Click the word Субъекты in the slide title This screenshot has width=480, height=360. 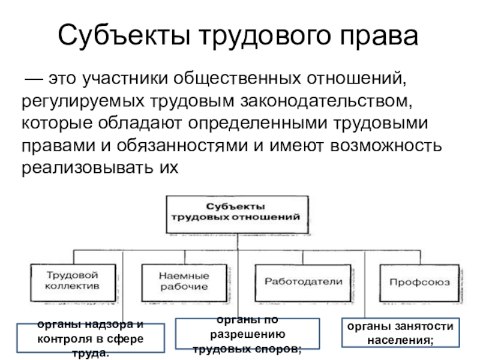click(x=124, y=35)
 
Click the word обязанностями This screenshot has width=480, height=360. click(x=182, y=145)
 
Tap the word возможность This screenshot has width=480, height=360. click(x=386, y=146)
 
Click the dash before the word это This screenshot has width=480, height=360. click(x=34, y=79)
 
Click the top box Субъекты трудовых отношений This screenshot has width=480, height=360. click(x=237, y=215)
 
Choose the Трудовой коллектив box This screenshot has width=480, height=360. click(x=73, y=283)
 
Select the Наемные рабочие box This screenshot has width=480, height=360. click(x=184, y=283)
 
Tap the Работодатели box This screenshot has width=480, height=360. click(x=303, y=283)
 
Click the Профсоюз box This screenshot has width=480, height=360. click(x=419, y=283)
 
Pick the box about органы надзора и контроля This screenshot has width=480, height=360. click(x=91, y=338)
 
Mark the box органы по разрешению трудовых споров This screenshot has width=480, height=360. click(x=247, y=334)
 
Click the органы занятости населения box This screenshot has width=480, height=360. click(x=400, y=332)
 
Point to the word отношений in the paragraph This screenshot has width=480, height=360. click(x=356, y=79)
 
